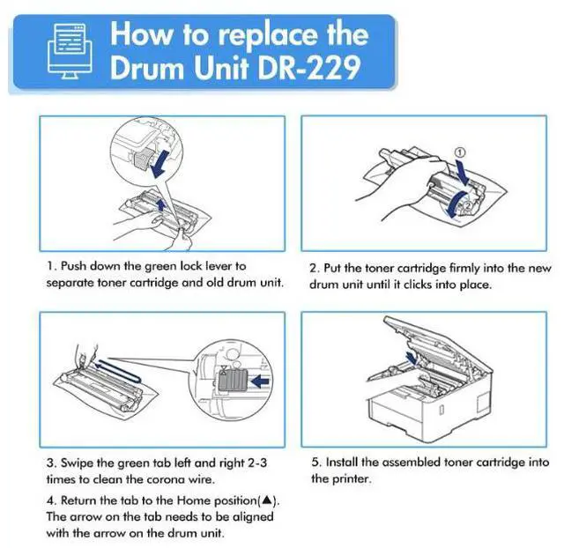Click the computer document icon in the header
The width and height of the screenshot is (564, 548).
(70, 51)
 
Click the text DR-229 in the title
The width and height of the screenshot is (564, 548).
(309, 67)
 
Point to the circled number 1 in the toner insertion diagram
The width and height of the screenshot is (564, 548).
(460, 152)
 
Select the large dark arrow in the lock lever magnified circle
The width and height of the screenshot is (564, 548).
(160, 164)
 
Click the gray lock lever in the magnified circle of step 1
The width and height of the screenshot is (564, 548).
(142, 159)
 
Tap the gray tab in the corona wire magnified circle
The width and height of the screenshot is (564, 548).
(233, 381)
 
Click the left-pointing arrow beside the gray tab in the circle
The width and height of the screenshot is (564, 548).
(261, 381)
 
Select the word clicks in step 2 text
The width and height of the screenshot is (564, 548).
(417, 285)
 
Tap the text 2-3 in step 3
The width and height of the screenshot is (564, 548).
(257, 463)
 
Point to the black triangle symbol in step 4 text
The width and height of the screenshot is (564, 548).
(266, 500)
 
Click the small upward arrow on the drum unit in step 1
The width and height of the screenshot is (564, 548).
(161, 204)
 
